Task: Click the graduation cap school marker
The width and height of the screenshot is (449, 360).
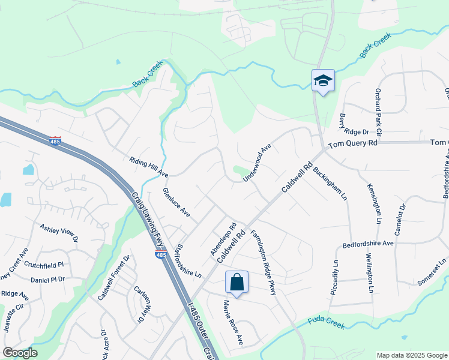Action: click(323, 81)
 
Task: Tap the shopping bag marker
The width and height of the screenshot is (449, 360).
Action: click(237, 281)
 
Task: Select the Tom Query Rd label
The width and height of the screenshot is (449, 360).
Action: click(354, 143)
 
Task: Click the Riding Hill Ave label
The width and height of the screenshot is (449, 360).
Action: click(148, 167)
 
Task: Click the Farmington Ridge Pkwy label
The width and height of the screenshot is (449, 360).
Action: click(264, 263)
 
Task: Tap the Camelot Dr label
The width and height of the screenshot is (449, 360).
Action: click(401, 218)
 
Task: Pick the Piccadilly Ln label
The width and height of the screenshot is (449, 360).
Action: click(335, 277)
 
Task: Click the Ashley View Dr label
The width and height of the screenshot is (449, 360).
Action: click(59, 233)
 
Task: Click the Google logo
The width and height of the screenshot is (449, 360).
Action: click(20, 353)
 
